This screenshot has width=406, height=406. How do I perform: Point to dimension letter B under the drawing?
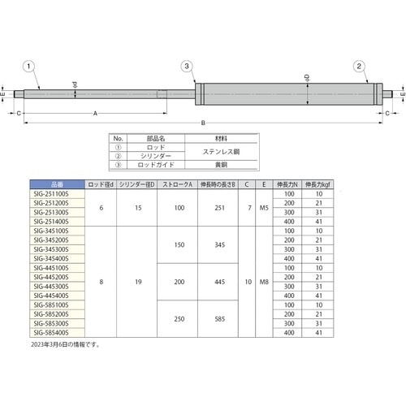203,123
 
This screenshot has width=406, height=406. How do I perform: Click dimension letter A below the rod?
97,114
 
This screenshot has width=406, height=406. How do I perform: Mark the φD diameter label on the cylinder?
307,79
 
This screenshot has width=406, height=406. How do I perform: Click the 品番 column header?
56,185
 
